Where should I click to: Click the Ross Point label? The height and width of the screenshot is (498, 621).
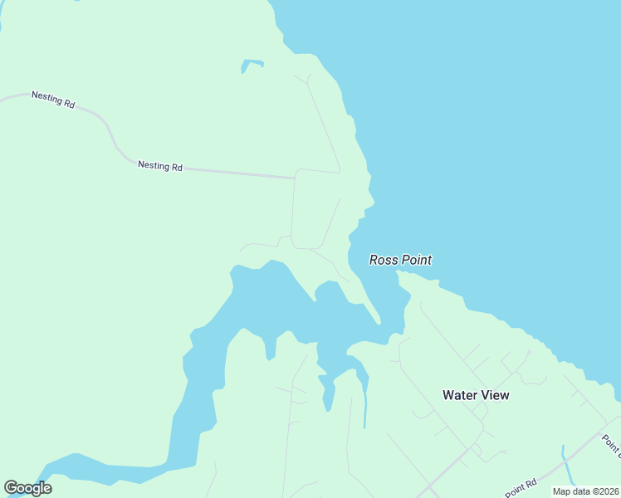[x=400, y=260]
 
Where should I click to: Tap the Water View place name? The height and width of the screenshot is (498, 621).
[x=476, y=395]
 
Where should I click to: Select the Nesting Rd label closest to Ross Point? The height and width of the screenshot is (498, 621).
[x=160, y=166]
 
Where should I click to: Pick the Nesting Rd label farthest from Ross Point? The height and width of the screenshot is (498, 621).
[x=53, y=99]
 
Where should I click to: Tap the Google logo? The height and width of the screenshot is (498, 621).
[x=27, y=487]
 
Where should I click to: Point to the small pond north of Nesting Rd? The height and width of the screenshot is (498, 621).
[x=251, y=64]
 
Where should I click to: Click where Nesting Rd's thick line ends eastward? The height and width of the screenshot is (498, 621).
[x=294, y=177]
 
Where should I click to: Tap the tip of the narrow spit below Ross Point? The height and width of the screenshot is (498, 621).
[x=379, y=322]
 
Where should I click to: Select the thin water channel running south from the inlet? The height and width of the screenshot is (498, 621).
[x=364, y=407]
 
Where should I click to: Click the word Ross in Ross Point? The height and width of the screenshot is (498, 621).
[x=384, y=260]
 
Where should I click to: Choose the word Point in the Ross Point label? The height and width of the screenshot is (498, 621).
[x=417, y=260]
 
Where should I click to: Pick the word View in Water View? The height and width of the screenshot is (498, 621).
[x=496, y=395]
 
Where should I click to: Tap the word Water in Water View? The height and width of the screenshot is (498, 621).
[x=460, y=395]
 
